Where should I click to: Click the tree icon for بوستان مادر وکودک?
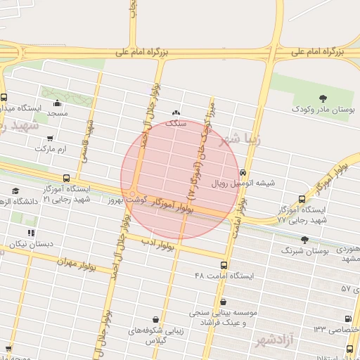point(323,98)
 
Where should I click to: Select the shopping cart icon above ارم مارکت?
point(49,139)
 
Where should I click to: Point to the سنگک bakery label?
point(176,122)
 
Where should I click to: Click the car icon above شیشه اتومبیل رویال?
point(243,172)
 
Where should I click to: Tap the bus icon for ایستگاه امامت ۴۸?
point(224,265)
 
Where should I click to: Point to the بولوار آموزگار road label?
point(172,205)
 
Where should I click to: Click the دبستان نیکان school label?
point(27,244)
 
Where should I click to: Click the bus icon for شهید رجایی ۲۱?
point(67,178)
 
